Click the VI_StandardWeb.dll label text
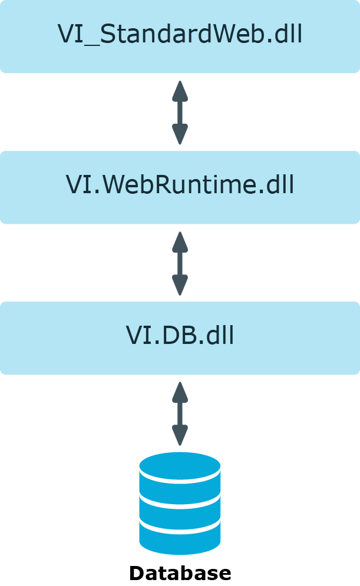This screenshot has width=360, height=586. [x=180, y=34]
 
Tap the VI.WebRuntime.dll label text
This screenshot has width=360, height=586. [x=180, y=184]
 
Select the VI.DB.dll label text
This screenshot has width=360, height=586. [x=180, y=335]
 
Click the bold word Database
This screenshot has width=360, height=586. [x=180, y=573]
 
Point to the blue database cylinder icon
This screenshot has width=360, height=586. [x=180, y=503]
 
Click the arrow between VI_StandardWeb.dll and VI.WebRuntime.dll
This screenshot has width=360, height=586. [x=180, y=112]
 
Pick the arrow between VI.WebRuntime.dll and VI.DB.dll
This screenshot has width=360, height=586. [x=180, y=263]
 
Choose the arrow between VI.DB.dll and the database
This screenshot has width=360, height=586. [x=180, y=413]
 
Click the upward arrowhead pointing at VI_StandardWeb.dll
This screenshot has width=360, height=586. [x=180, y=91]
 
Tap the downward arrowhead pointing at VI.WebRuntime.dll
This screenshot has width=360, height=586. [x=180, y=134]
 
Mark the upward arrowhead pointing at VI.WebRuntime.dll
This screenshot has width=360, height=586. [x=180, y=242]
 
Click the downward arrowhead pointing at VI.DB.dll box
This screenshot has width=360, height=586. [x=180, y=285]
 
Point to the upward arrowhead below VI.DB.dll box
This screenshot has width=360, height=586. [x=180, y=392]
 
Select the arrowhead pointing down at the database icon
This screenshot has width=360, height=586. [x=180, y=435]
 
